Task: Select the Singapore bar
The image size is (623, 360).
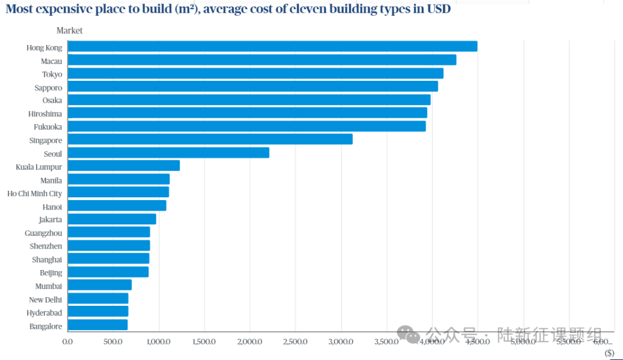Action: click(210, 140)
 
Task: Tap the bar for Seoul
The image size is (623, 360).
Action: click(168, 153)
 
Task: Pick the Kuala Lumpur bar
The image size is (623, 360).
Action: click(123, 166)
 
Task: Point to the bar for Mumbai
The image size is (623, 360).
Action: click(99, 285)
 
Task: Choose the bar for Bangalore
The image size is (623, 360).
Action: click(97, 325)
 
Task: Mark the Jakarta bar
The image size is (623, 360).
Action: click(112, 219)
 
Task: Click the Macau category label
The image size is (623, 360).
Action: click(51, 61)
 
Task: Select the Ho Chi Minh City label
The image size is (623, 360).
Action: click(35, 193)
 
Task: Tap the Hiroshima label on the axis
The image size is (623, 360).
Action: click(45, 114)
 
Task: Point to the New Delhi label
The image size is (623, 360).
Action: click(46, 299)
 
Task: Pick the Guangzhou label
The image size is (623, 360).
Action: click(43, 233)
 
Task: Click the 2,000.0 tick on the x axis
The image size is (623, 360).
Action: click(250, 342)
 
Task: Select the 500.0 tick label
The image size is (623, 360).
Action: click(113, 342)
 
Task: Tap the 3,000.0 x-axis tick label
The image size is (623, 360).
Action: click(341, 342)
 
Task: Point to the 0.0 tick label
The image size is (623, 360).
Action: click(67, 342)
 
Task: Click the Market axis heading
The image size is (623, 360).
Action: click(69, 31)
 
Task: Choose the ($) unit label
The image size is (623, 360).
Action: click(609, 352)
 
